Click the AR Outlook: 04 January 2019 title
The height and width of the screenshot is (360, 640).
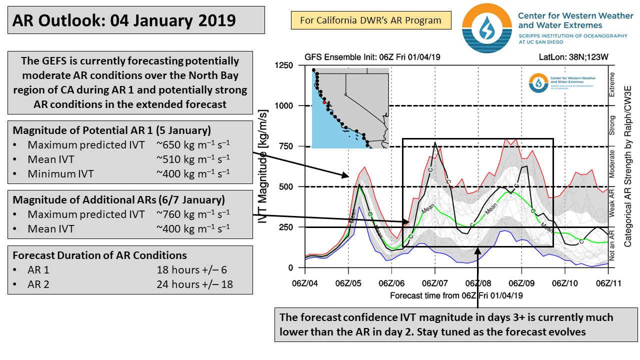[x=124, y=20]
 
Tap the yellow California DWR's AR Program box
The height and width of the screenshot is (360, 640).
[x=370, y=20]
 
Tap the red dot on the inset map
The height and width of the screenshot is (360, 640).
[x=324, y=102]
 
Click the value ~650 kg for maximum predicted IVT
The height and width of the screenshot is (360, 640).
[x=193, y=145]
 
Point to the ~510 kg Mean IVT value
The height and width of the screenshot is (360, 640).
[x=193, y=160]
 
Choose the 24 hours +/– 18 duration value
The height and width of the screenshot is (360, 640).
[x=194, y=284]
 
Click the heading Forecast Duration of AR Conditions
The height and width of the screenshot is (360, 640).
[x=100, y=255]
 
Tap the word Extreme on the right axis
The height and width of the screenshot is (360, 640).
[x=612, y=85]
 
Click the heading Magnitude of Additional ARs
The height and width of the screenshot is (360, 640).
[x=118, y=200]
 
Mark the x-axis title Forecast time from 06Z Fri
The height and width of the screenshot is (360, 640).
[x=456, y=295]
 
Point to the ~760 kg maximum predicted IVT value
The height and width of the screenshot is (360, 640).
[x=193, y=214]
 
